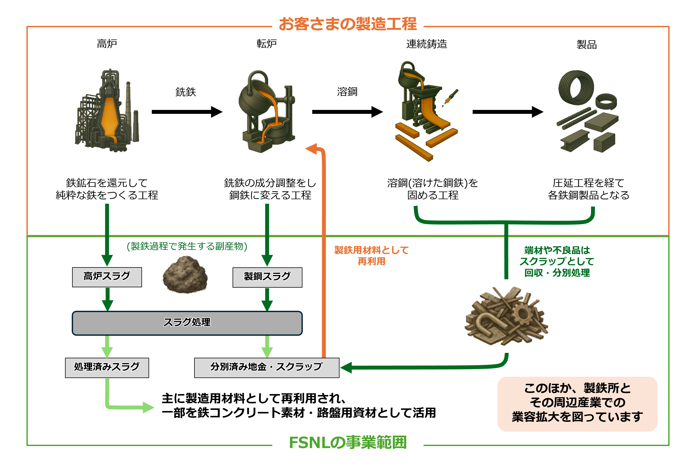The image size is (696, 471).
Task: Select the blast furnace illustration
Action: point(107,111)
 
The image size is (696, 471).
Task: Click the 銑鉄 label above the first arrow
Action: point(185,92)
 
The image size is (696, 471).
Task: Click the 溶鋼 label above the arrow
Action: point(347,92)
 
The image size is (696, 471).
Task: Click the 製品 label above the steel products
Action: point(586,44)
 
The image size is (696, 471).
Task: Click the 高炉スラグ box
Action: point(107,277)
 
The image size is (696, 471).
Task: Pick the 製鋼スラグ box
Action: point(267,277)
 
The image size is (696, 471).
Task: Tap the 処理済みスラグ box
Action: point(107,367)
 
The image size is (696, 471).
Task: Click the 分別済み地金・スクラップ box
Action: point(266,367)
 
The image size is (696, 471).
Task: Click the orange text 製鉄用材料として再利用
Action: point(371,255)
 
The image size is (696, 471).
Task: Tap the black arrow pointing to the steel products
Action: point(508,112)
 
